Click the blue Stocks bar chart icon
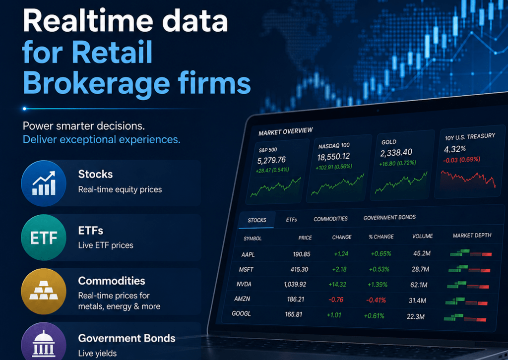coord(44,183)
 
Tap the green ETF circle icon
coord(44,238)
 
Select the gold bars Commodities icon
coord(44,292)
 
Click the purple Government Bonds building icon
coord(44,343)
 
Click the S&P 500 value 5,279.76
coord(271,160)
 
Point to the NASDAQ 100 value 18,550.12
coord(333,157)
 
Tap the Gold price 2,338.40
coord(396,153)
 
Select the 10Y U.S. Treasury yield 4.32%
coord(454,149)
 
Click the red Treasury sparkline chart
coord(468,179)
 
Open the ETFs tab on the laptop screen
coord(291,220)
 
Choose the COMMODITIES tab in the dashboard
coord(330,219)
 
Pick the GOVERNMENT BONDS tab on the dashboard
coord(389,218)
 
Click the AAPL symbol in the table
coord(248,255)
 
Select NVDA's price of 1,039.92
coord(295,284)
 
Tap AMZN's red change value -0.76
coord(336,300)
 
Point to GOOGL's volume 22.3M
coord(415,317)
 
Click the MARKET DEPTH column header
coord(472,236)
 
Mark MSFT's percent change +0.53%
coord(379,269)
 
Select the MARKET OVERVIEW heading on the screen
coord(285,131)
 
